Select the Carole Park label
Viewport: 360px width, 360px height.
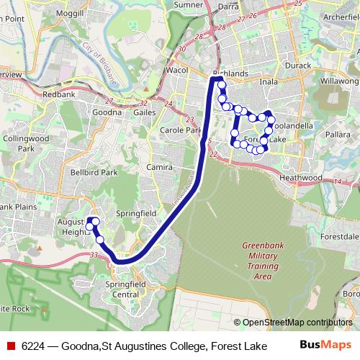tap(181, 130)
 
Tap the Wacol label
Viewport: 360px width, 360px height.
tap(177, 72)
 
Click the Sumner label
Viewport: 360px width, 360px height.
tap(189, 4)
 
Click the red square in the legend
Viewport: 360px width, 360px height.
tap(11, 346)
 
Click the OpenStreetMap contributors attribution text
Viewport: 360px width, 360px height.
tap(296, 323)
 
